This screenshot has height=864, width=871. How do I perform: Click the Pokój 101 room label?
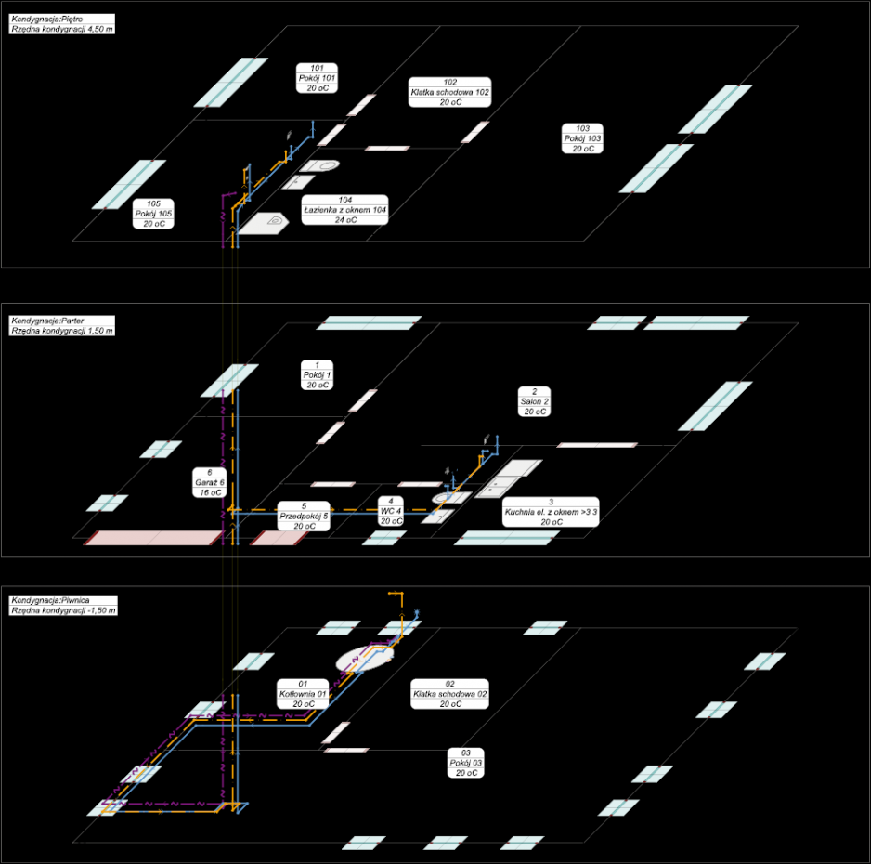pyautogui.click(x=317, y=78)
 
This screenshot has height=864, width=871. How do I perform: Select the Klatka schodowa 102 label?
pyautogui.click(x=450, y=92)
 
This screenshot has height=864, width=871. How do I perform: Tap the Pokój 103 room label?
pyautogui.click(x=582, y=138)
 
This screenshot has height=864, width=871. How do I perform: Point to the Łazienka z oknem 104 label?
pyautogui.click(x=344, y=210)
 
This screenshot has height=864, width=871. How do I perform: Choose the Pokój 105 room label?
pyautogui.click(x=153, y=214)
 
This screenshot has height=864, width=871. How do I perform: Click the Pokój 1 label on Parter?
pyautogui.click(x=318, y=375)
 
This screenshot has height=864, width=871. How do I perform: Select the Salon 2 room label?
pyautogui.click(x=534, y=401)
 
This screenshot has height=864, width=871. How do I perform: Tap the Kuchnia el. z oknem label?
pyautogui.click(x=551, y=512)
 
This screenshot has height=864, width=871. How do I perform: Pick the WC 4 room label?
pyautogui.click(x=391, y=511)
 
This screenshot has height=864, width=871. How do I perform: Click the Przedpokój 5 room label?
pyautogui.click(x=304, y=517)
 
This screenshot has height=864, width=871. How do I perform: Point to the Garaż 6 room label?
pyautogui.click(x=210, y=483)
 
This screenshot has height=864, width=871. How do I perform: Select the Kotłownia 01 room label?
pyautogui.click(x=303, y=694)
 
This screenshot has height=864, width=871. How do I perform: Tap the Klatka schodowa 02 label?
pyautogui.click(x=450, y=694)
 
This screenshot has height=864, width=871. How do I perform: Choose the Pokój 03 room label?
pyautogui.click(x=466, y=763)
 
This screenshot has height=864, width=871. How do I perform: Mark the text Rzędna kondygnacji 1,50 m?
pyautogui.click(x=62, y=331)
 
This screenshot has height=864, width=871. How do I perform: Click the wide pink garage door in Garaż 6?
pyautogui.click(x=154, y=538)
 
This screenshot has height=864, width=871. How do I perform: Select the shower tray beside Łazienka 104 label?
pyautogui.click(x=264, y=223)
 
